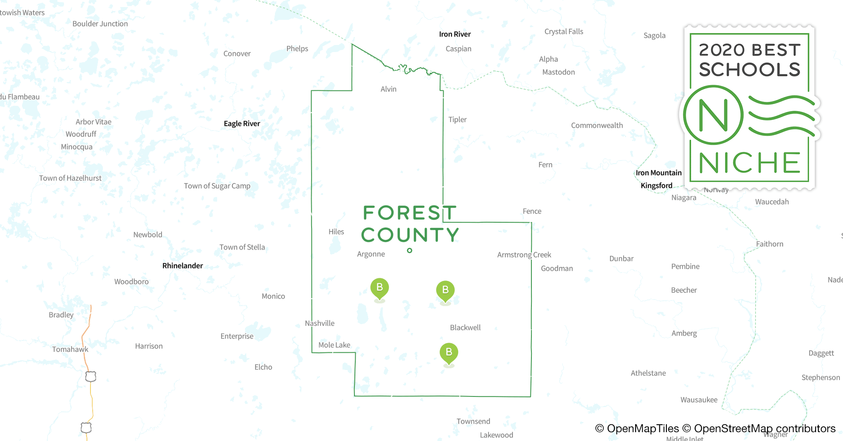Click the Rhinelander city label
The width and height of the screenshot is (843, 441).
pyautogui.click(x=182, y=265)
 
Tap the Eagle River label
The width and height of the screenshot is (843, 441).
pyautogui.click(x=241, y=123)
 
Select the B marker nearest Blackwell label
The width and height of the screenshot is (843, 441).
pyautogui.click(x=445, y=290)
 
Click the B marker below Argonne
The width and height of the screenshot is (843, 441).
pyautogui.click(x=379, y=288)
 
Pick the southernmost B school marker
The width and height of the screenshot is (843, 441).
pyautogui.click(x=448, y=352)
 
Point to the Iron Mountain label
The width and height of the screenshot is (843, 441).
pyautogui.click(x=659, y=173)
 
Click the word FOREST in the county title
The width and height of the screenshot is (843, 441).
pyautogui.click(x=409, y=213)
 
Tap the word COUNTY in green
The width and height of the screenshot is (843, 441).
pyautogui.click(x=410, y=235)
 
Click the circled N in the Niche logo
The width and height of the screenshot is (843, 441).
pyautogui.click(x=713, y=115)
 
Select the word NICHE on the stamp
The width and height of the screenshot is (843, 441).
pyautogui.click(x=749, y=163)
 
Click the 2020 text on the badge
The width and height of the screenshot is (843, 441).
pyautogui.click(x=722, y=50)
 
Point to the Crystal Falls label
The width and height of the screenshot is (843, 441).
pyautogui.click(x=564, y=32)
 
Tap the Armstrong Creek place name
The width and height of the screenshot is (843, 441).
pyautogui.click(x=524, y=255)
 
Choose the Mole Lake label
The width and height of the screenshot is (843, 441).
pyautogui.click(x=334, y=345)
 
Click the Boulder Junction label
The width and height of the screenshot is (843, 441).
pyautogui.click(x=100, y=24)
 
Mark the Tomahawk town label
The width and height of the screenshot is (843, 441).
pyautogui.click(x=70, y=349)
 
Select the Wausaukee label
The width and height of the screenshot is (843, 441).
pyautogui.click(x=699, y=400)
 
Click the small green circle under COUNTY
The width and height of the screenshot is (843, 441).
pyautogui.click(x=410, y=250)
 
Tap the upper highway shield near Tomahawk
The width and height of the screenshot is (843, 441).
pyautogui.click(x=90, y=377)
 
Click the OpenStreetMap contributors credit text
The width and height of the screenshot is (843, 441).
pyautogui.click(x=764, y=429)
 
